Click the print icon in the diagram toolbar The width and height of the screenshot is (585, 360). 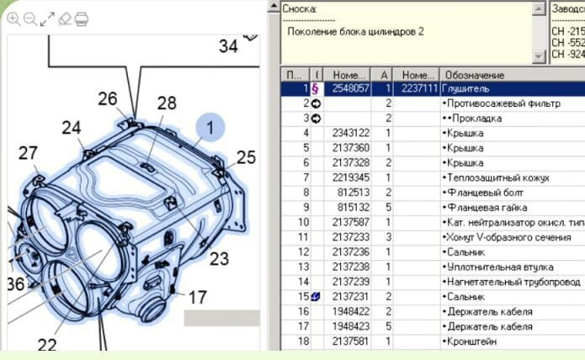click(82, 19)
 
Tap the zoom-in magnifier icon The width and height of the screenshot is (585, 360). click(13, 19)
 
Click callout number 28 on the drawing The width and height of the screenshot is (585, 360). click(167, 103)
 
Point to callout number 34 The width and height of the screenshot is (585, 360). click(228, 46)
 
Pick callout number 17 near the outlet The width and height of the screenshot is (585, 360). click(197, 297)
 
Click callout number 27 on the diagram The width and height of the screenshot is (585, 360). click(29, 153)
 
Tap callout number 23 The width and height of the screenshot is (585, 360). click(219, 258)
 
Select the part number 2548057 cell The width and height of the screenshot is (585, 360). click(351, 88)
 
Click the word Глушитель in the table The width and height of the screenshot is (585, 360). click(465, 88)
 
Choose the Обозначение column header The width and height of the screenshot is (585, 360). click(474, 75)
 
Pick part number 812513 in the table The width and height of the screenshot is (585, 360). click(355, 193)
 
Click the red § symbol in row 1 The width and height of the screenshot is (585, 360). click(315, 88)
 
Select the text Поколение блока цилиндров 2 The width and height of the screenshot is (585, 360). click(355, 31)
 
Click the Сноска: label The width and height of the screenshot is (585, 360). click(300, 8)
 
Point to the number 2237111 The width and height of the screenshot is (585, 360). click(418, 88)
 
